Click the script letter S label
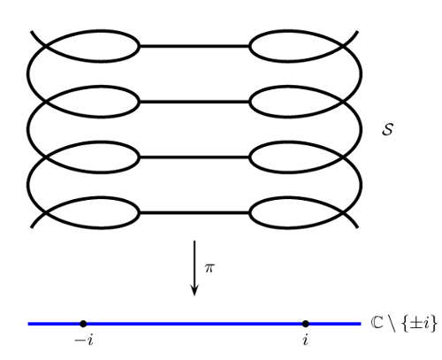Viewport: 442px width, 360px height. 387,129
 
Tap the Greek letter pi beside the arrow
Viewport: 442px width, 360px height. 210,268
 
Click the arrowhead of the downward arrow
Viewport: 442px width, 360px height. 194,290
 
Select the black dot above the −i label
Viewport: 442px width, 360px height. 83,324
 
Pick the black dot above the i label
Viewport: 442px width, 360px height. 306,324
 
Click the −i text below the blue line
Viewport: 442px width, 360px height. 84,341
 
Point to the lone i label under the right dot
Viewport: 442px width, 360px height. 306,341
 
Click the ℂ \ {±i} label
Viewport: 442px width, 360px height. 404,324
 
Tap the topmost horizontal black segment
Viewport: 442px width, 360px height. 194,46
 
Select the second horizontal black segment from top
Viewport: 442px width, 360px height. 194,102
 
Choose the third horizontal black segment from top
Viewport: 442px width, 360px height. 194,157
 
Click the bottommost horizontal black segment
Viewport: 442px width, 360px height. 194,212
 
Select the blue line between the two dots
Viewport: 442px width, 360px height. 194,324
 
